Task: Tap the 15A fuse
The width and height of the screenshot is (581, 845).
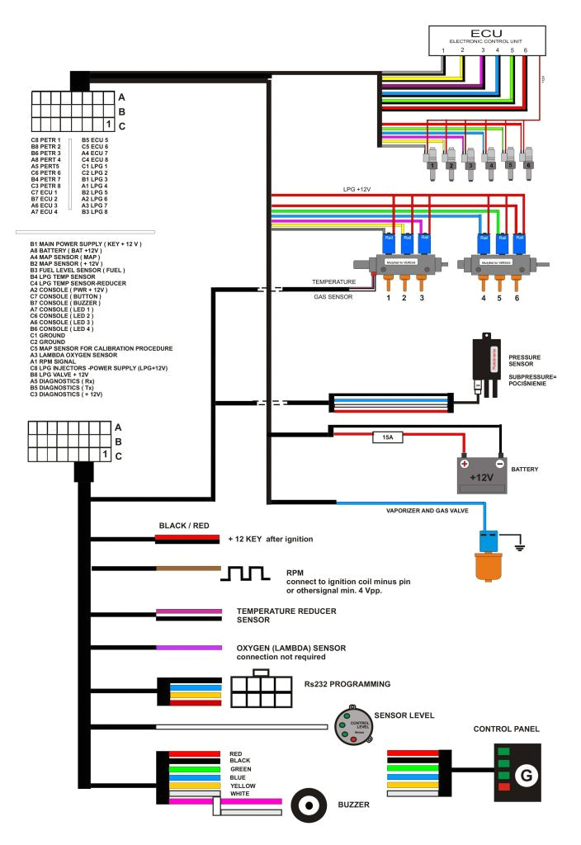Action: (x=388, y=438)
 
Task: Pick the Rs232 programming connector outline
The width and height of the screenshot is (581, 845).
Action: (x=262, y=689)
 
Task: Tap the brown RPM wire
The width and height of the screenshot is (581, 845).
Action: (x=188, y=569)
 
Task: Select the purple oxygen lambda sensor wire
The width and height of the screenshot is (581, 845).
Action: (x=188, y=647)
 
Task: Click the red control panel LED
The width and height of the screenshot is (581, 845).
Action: (x=502, y=786)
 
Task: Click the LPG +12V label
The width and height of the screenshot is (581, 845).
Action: (x=357, y=189)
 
